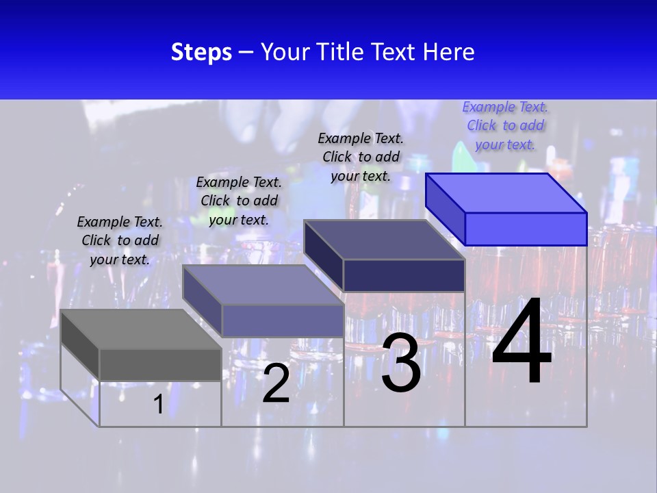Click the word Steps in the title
coord(201,52)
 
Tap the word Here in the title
coord(448,52)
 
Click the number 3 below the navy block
coord(401,363)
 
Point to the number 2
coord(276,384)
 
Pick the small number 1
coord(158,404)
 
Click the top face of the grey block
coord(140,329)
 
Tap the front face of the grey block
coord(160,364)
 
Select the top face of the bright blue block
coord(506,192)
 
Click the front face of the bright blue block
coord(526,229)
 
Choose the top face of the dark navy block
coord(384,240)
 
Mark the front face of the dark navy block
coord(404,275)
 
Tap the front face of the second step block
coord(282,320)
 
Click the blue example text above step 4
coord(505,125)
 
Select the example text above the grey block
coord(120,240)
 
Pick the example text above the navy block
coord(361,157)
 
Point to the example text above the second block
coord(239,201)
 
